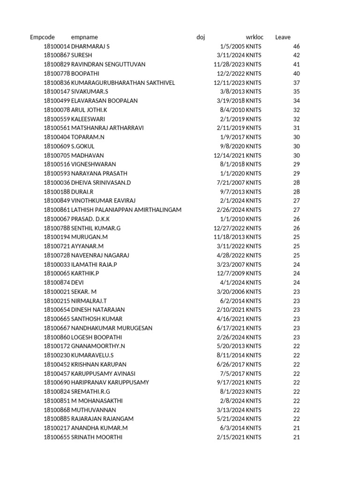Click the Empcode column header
pyautogui.click(x=42, y=37)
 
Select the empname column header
pyautogui.click(x=84, y=37)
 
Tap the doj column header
pyautogui.click(x=201, y=37)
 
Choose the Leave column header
pyautogui.click(x=283, y=37)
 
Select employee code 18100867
pyautogui.click(x=57, y=55)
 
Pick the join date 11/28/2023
pyautogui.click(x=229, y=64)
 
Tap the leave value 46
pyautogui.click(x=296, y=46)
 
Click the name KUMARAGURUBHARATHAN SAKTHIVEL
pyautogui.click(x=123, y=82)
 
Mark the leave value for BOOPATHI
pyautogui.click(x=296, y=74)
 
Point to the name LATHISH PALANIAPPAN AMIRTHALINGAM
pyautogui.click(x=126, y=210)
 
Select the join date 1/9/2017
pyautogui.click(x=232, y=137)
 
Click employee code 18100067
pyautogui.click(x=57, y=219)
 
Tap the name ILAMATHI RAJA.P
pyautogui.click(x=94, y=264)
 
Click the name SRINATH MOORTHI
pyautogui.click(x=97, y=437)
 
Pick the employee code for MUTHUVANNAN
pyautogui.click(x=57, y=410)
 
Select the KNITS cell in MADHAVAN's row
pyautogui.click(x=254, y=155)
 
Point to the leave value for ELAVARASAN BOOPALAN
pyautogui.click(x=296, y=101)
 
